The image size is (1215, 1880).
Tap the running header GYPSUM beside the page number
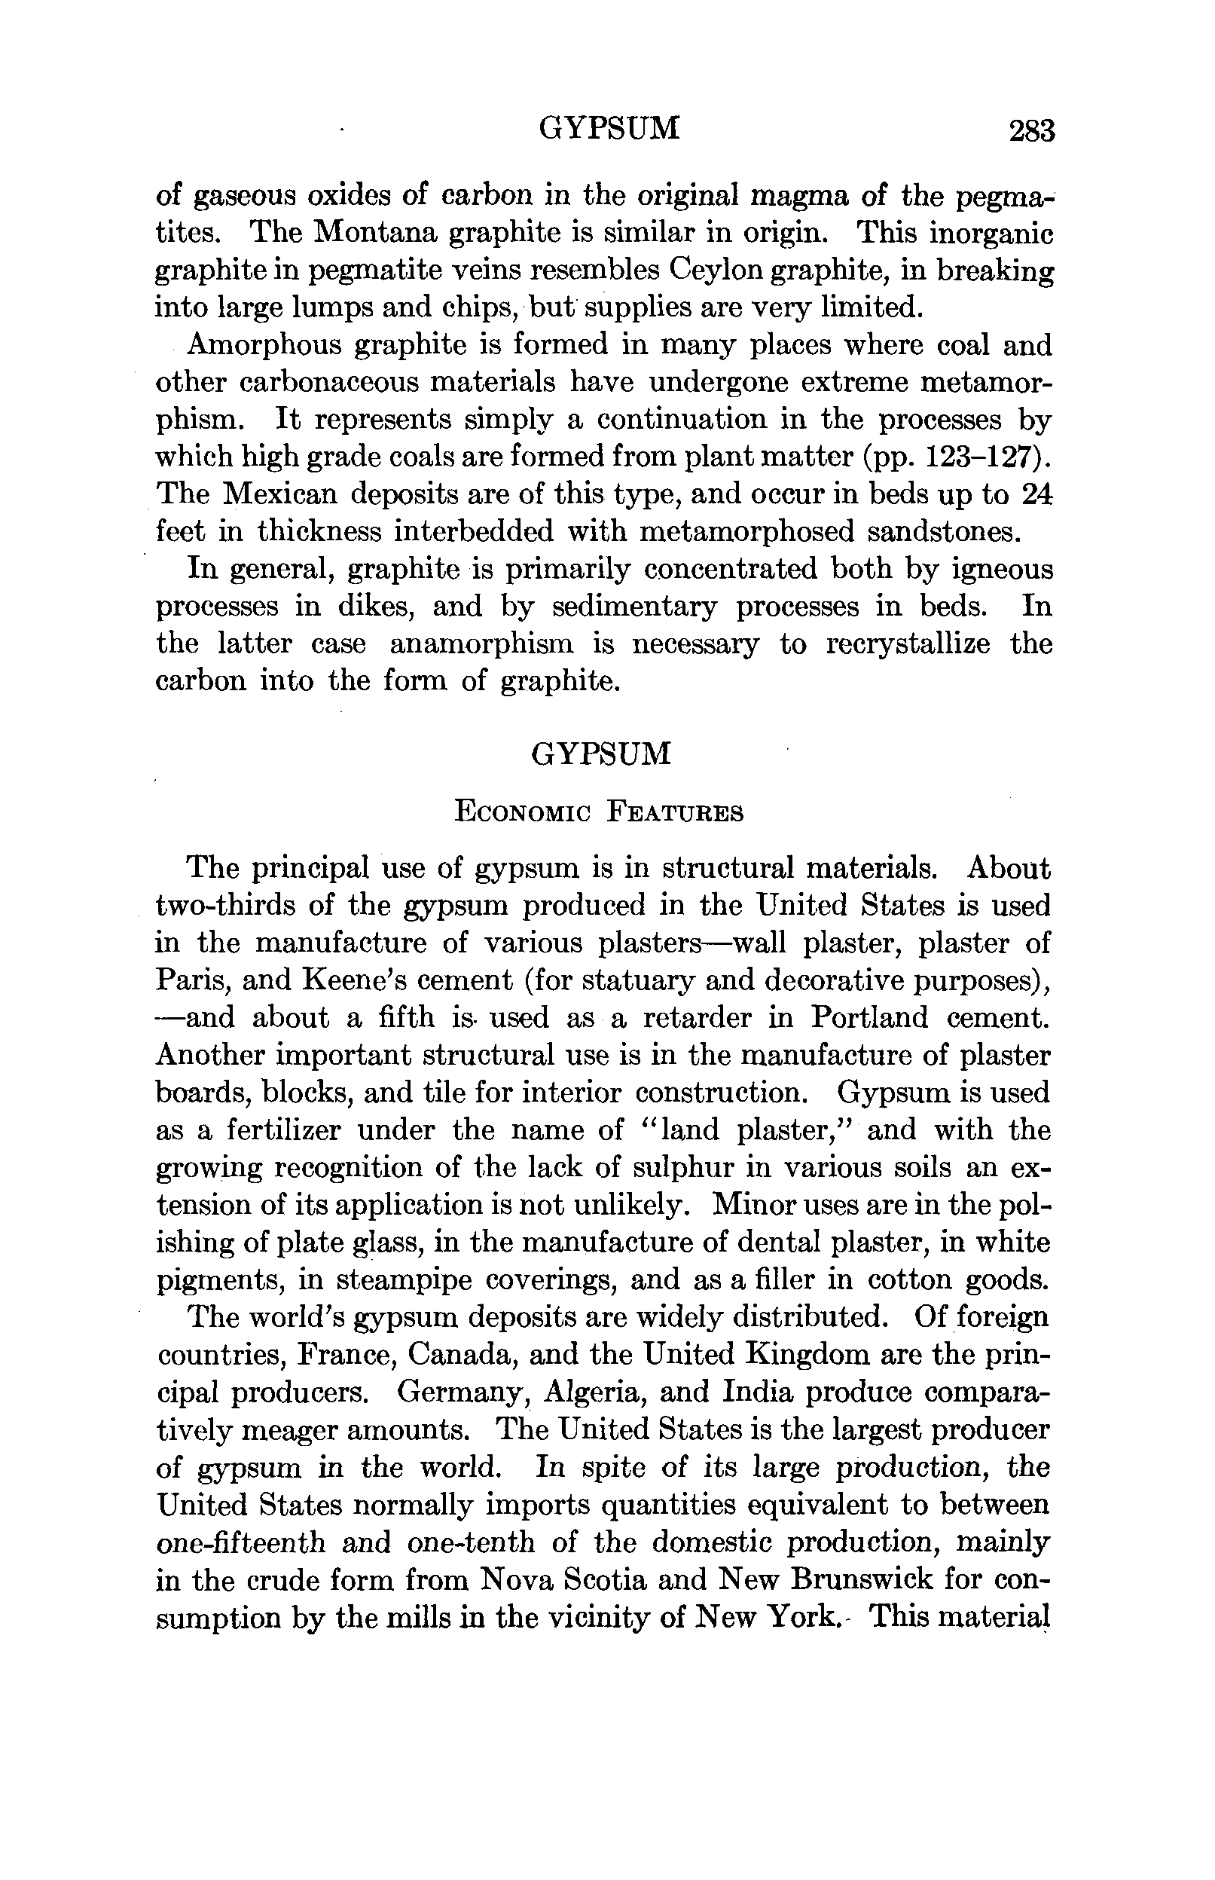[609, 128]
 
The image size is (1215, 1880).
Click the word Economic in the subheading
[522, 812]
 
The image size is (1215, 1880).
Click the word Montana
[376, 233]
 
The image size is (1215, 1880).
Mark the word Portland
[869, 1017]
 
